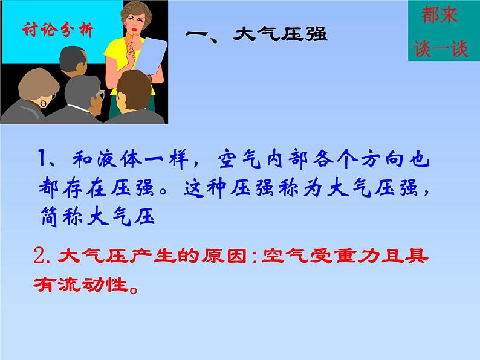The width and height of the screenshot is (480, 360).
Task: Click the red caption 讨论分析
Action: pos(57,30)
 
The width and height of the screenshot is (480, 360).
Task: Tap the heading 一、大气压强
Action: pos(256,34)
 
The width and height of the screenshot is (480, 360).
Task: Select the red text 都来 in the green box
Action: pos(439,14)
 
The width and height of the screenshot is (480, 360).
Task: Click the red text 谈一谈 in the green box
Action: pos(441,48)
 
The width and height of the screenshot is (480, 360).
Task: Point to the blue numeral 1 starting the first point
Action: pos(42,158)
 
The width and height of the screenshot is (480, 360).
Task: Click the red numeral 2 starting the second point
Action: pos(39,256)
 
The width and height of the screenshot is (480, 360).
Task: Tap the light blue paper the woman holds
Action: pos(151,56)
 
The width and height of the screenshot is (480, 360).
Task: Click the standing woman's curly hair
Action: pos(137,12)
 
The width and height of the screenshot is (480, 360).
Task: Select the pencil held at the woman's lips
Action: pos(132,40)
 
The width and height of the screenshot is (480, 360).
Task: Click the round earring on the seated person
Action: pos(44,104)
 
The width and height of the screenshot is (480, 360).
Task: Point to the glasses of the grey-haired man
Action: pos(100,94)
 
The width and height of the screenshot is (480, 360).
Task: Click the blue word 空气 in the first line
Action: pos(239,159)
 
